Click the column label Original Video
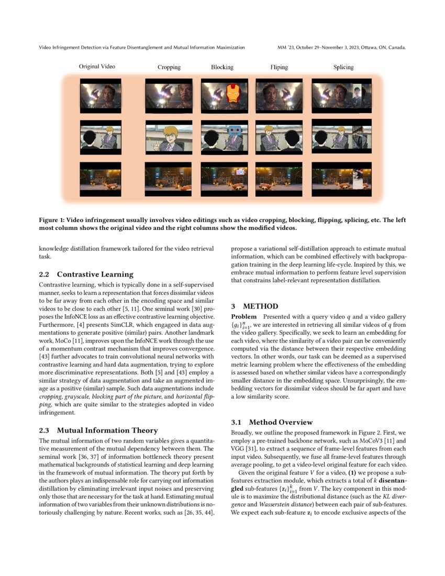tap(97, 67)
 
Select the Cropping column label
tap(169, 67)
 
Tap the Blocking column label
tap(222, 67)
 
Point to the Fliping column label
tap(279, 67)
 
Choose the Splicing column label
tap(343, 67)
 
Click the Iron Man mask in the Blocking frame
tap(232, 94)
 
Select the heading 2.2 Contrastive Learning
tap(86, 274)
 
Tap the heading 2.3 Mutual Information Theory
tap(98, 430)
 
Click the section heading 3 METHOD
tap(254, 306)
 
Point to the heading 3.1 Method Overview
tap(272, 422)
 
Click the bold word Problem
tap(243, 317)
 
